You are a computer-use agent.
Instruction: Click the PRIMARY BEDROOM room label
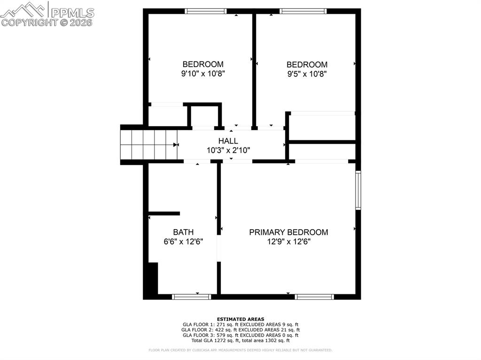point(288,232)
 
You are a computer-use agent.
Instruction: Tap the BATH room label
point(183,232)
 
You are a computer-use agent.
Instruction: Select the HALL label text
point(228,141)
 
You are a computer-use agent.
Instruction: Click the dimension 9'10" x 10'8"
point(203,74)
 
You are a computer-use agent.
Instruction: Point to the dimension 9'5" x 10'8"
point(307,74)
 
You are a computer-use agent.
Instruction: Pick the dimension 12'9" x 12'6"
point(288,242)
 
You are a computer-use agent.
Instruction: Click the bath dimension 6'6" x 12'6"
point(183,242)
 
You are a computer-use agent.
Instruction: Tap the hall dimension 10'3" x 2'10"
point(228,150)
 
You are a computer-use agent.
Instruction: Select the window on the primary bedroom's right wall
point(358,190)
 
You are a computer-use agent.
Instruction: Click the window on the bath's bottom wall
point(191,297)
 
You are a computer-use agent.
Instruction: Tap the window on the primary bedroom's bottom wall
point(314,297)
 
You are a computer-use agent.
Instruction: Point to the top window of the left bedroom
point(206,11)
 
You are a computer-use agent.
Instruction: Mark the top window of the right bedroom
point(303,11)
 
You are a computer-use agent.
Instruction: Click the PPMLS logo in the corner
point(47,14)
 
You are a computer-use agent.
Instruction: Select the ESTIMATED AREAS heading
point(240,319)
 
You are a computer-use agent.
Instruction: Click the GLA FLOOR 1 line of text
point(240,324)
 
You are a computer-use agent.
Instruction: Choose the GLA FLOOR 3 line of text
point(240,335)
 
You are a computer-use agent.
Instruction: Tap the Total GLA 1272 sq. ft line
point(240,340)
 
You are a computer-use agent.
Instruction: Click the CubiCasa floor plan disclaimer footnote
point(240,350)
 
